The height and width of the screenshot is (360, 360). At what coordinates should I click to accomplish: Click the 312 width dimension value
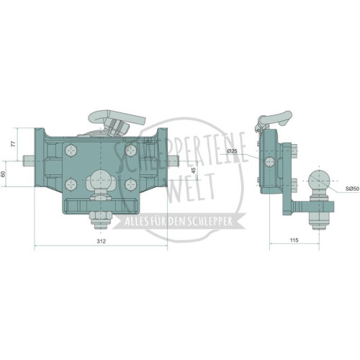point(101,241)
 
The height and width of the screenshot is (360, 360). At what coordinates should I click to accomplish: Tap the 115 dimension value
point(294,240)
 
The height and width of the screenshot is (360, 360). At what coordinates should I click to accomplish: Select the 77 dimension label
point(14,144)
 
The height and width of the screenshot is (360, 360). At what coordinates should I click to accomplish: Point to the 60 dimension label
point(3,174)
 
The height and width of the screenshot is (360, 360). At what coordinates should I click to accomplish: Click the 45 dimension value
point(194,170)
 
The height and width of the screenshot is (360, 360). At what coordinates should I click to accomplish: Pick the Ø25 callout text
point(232,151)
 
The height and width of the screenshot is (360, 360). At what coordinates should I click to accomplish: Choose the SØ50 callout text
point(352,189)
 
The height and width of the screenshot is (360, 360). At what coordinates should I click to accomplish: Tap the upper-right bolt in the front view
point(131,150)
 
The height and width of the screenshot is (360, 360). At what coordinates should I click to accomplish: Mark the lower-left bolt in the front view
point(71,184)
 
